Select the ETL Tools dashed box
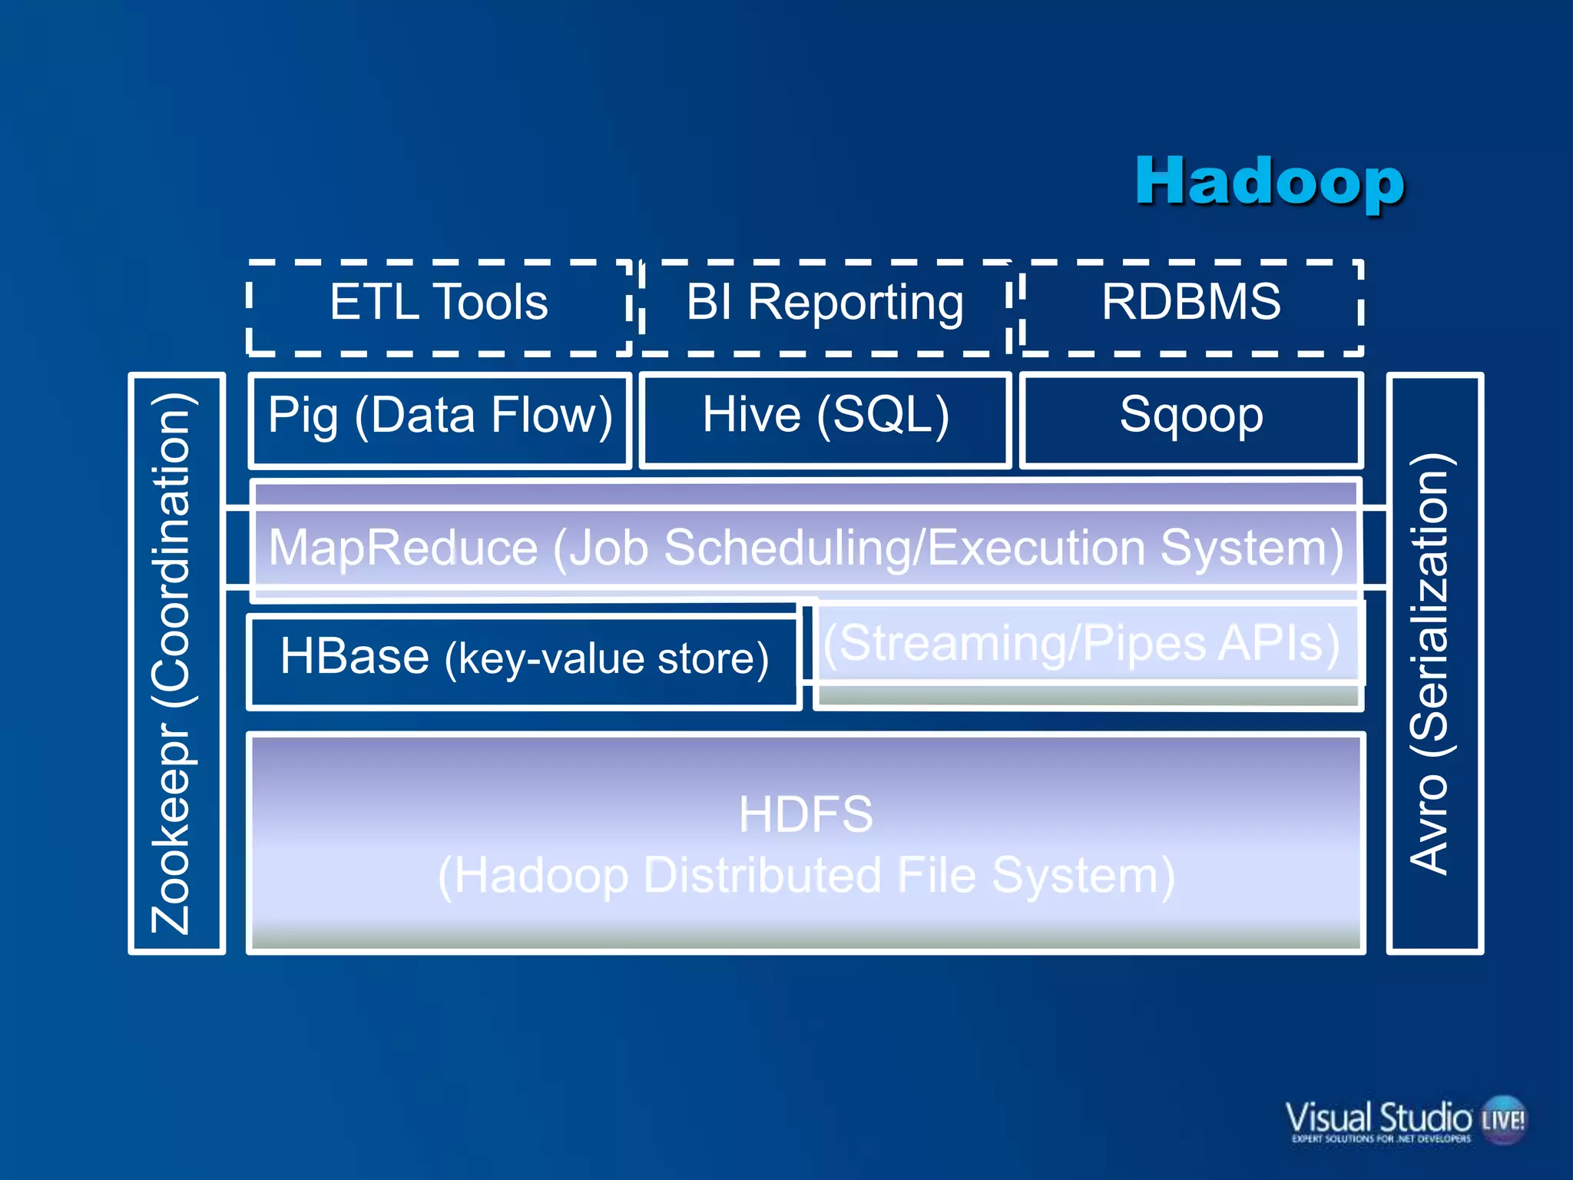click(439, 307)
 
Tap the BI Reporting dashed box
click(825, 307)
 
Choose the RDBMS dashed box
click(1191, 307)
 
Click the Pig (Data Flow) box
click(439, 419)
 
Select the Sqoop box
click(1191, 419)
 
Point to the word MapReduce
click(403, 549)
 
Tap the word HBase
click(355, 657)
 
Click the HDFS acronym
click(806, 814)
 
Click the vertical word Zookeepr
click(172, 830)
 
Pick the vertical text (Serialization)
click(1429, 607)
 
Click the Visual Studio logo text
click(1379, 1118)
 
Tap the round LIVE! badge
click(1504, 1119)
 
